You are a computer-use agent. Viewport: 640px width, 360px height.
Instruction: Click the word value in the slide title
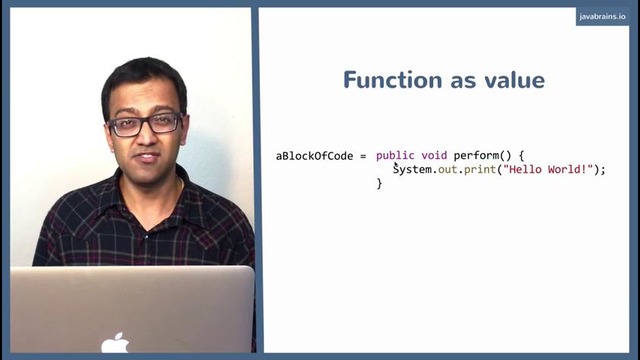pyautogui.click(x=512, y=80)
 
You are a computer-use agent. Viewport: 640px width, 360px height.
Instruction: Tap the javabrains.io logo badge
pyautogui.click(x=603, y=17)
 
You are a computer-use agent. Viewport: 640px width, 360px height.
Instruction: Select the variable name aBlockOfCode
pyautogui.click(x=314, y=156)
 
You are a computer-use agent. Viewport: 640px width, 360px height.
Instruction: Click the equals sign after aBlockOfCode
pyautogui.click(x=364, y=156)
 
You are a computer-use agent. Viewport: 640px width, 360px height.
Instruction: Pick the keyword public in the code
pyautogui.click(x=395, y=156)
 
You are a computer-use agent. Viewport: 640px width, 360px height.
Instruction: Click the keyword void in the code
pyautogui.click(x=434, y=156)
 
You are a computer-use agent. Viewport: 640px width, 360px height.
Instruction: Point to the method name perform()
pyautogui.click(x=482, y=156)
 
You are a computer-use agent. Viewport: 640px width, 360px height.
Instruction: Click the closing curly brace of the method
pyautogui.click(x=379, y=184)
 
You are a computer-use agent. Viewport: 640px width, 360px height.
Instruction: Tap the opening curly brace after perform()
pyautogui.click(x=521, y=156)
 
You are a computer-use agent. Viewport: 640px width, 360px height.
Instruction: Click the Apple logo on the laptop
pyautogui.click(x=115, y=343)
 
